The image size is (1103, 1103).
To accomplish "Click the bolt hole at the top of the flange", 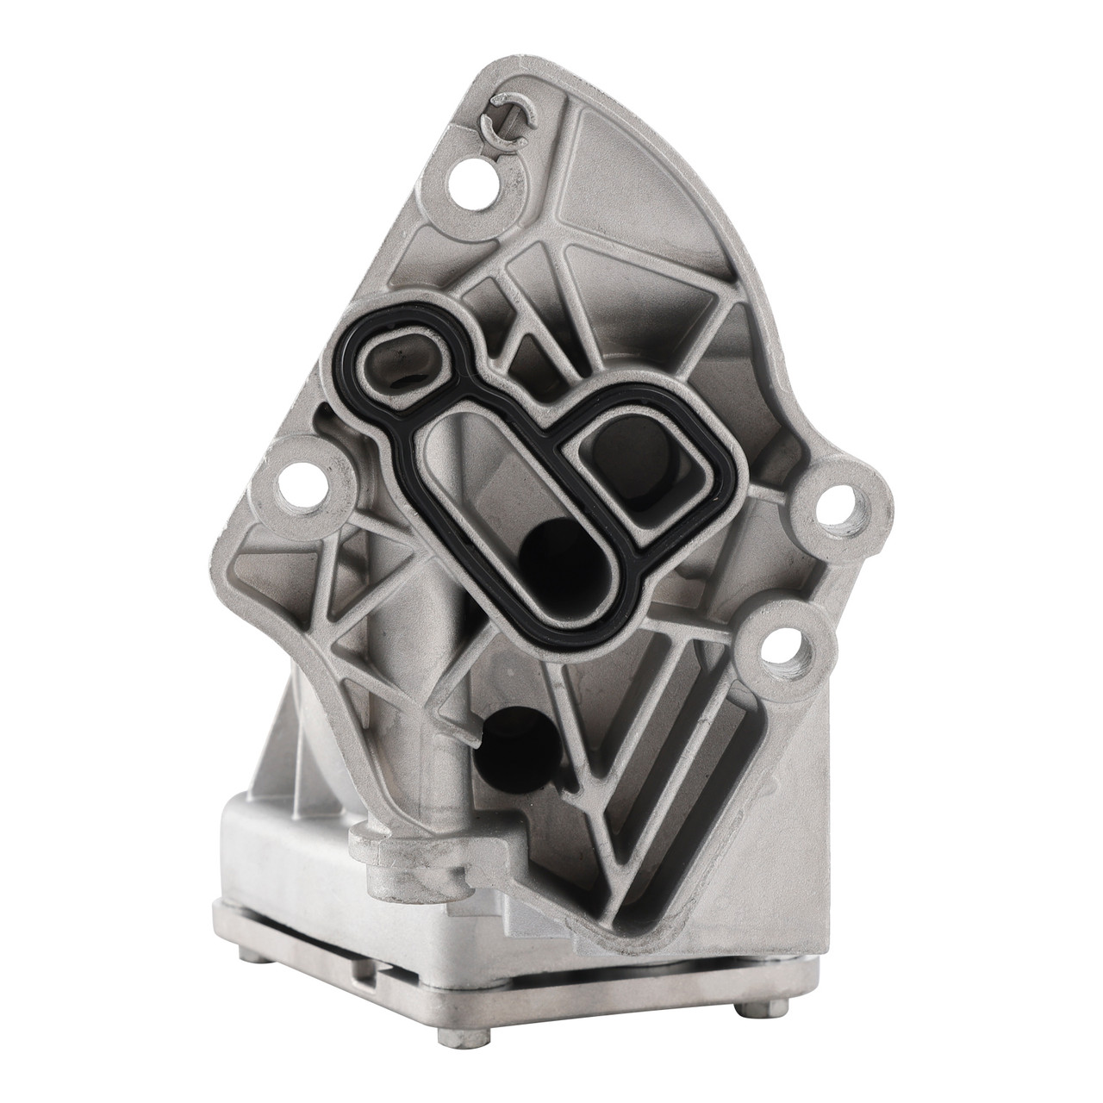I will click(470, 178).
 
